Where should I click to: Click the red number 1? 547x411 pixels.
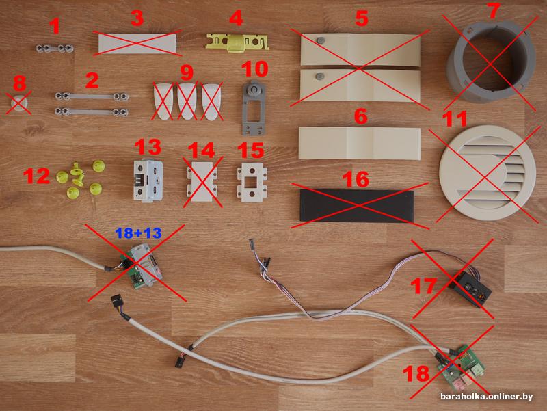point(55,27)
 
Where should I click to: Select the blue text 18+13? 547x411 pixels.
point(139,233)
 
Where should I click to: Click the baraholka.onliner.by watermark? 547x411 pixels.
point(486,397)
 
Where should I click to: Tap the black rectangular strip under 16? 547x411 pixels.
point(357,207)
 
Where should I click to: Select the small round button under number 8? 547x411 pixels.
point(19,103)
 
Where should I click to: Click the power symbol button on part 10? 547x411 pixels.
point(252,90)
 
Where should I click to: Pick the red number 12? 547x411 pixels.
point(37,176)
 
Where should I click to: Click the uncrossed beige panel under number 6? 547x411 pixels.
point(360,144)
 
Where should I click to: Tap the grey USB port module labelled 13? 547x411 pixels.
point(148,181)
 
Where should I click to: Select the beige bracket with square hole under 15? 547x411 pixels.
point(252,184)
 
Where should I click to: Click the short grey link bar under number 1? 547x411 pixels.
point(55,48)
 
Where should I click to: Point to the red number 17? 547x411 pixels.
point(424,287)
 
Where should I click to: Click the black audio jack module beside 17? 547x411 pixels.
point(471,289)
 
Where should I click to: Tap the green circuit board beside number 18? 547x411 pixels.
point(461,368)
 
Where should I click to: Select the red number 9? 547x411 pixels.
point(187,73)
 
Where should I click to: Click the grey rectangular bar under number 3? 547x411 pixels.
point(137,44)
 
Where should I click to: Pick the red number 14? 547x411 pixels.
point(201,150)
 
